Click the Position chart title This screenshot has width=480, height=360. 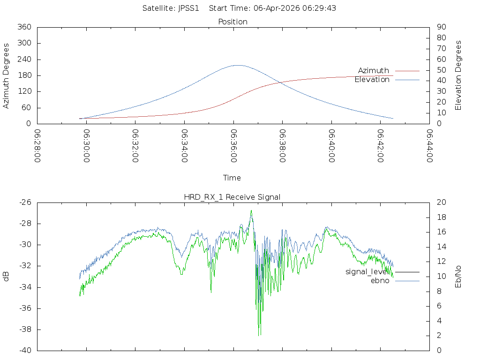(232, 22)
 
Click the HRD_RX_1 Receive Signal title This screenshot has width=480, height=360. (232, 197)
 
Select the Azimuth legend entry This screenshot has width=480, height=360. (374, 71)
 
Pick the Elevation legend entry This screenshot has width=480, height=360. (372, 80)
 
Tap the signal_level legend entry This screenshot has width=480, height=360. (367, 272)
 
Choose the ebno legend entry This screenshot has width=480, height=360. (380, 281)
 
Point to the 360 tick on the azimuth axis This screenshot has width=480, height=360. (24, 27)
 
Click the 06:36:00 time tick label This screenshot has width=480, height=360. (233, 146)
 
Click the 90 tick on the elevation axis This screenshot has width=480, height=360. (441, 27)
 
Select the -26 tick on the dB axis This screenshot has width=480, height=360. (25, 202)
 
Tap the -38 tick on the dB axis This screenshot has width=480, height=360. (25, 330)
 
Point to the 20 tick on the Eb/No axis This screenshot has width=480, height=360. (441, 202)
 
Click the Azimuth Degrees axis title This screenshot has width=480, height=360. (7, 75)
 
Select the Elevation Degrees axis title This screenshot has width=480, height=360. (458, 75)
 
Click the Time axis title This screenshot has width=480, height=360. (232, 178)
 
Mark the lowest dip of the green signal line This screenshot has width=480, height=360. (259, 335)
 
